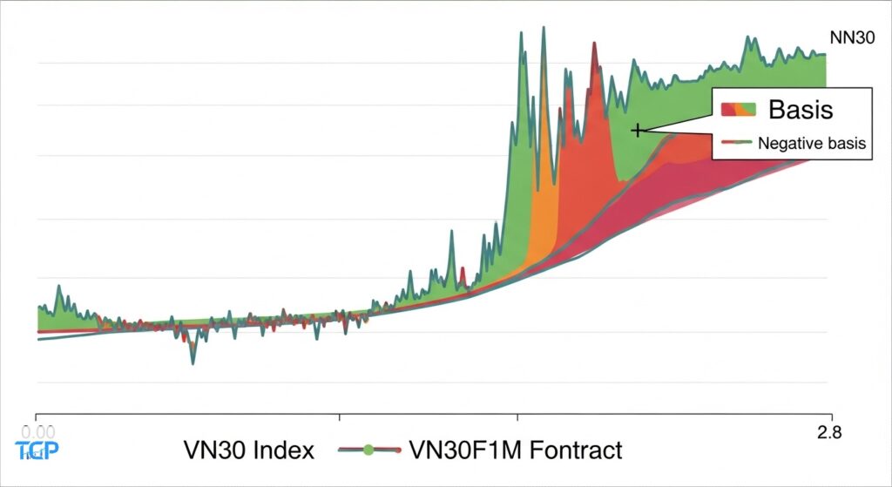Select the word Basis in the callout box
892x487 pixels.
click(x=800, y=110)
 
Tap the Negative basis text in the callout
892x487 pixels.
click(x=812, y=144)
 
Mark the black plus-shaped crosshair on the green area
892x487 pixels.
click(x=638, y=130)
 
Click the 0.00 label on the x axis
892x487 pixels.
click(x=37, y=430)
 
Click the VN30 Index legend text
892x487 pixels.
click(x=248, y=450)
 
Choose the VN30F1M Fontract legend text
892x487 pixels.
click(x=515, y=450)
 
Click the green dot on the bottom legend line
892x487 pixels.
click(x=368, y=450)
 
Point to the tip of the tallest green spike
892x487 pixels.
click(x=544, y=28)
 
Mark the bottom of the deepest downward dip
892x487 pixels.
click(x=193, y=362)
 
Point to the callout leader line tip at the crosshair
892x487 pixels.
click(x=641, y=130)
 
